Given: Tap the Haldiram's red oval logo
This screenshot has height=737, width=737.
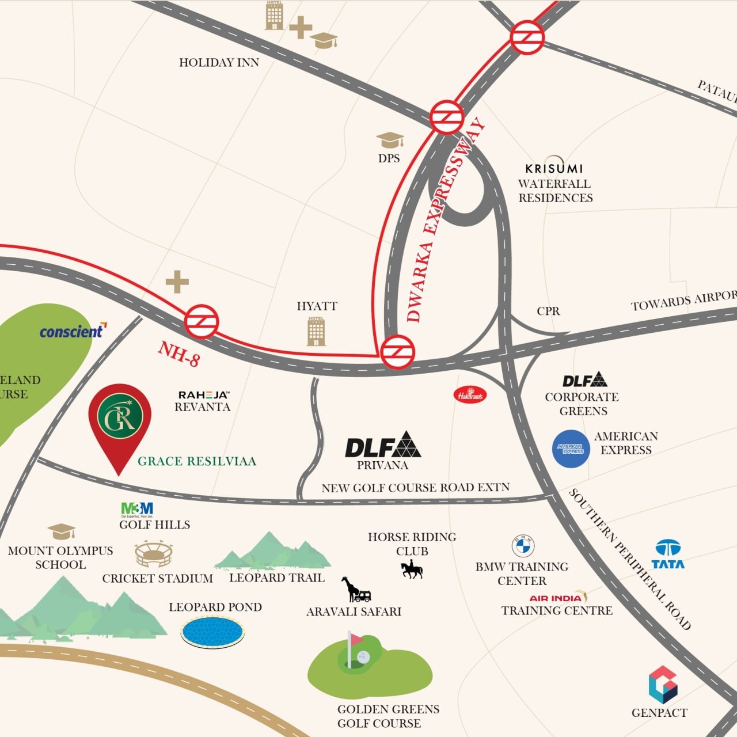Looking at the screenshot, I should [470, 395].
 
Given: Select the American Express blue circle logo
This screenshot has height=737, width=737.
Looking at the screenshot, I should [571, 449].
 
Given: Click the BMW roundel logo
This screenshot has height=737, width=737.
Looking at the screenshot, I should [523, 545].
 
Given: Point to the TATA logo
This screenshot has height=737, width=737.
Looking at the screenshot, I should [668, 554].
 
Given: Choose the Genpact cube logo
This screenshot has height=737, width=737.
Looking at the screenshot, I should [663, 685].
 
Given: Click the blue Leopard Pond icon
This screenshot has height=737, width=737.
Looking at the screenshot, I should [212, 631].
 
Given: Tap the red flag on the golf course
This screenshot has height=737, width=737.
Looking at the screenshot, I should [357, 639].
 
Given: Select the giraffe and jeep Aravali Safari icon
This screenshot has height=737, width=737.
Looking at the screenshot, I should [356, 590].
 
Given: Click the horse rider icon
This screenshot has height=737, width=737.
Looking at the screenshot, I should [412, 571].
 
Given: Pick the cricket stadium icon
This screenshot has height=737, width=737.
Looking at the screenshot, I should [153, 554].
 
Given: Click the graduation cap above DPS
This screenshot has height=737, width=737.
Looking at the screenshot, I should [390, 140].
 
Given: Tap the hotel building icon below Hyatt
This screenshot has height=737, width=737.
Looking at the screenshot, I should [316, 331].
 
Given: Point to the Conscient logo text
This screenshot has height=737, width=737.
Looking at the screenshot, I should [72, 331].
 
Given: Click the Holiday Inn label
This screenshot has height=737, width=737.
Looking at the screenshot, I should [219, 62].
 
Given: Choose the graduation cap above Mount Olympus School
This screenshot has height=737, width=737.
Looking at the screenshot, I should [61, 531].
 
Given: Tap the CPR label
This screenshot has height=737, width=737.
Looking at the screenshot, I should [548, 311].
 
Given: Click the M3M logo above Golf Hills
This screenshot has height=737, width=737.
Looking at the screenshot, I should [137, 509].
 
